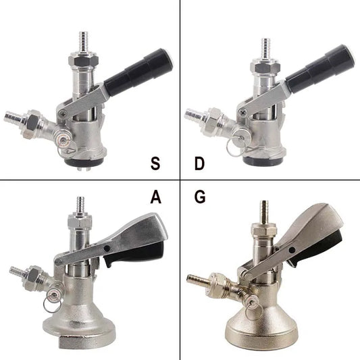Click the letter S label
point(155,163)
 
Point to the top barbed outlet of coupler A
point(80,204)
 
